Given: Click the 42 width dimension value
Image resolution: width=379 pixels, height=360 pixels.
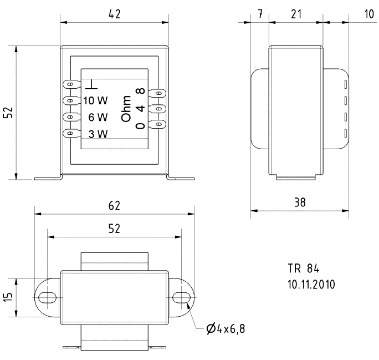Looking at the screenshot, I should (x=114, y=14).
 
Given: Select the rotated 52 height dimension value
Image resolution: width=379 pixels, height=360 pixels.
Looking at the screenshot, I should (x=8, y=113).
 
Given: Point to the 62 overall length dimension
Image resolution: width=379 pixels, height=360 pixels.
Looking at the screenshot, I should (x=114, y=206).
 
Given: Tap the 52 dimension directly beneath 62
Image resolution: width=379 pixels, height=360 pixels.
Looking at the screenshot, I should (x=114, y=229).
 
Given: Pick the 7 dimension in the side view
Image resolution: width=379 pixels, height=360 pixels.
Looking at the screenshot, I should (x=260, y=14).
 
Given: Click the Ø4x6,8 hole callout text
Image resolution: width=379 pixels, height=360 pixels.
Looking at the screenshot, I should (x=225, y=329).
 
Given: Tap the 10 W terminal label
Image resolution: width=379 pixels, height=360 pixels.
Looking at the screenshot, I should (x=95, y=101).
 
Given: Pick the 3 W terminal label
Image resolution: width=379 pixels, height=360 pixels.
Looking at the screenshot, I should (x=98, y=134).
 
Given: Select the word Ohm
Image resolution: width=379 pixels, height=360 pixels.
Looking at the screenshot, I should (x=127, y=109).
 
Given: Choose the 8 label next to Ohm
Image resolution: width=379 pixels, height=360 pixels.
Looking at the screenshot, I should (x=141, y=92).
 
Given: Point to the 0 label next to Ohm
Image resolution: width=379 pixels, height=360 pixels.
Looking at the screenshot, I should (x=141, y=125).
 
